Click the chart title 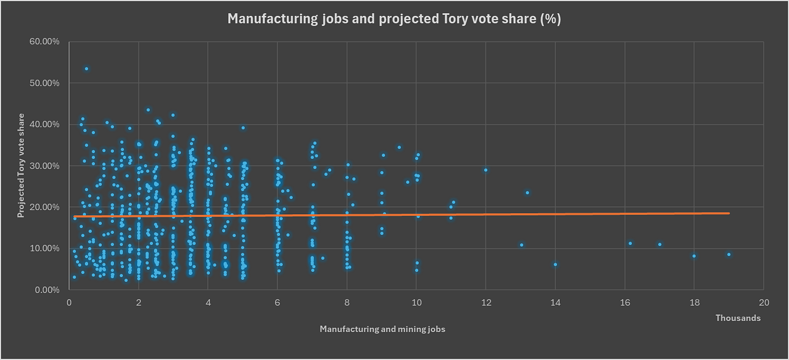394,18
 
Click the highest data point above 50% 87,69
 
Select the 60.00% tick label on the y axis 44,42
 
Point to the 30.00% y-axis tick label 44,166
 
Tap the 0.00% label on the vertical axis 47,290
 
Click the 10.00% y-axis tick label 44,248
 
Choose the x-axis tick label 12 486,303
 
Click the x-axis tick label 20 764,303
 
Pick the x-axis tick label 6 277,303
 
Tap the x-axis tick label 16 625,303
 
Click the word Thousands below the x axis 738,318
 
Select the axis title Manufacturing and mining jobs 383,329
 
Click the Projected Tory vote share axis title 21,165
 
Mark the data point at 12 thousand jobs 486,170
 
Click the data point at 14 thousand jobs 555,265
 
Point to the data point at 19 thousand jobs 729,254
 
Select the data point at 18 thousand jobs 694,256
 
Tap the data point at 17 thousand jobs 659,245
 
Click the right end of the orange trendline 729,213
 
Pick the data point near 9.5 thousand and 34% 399,147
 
